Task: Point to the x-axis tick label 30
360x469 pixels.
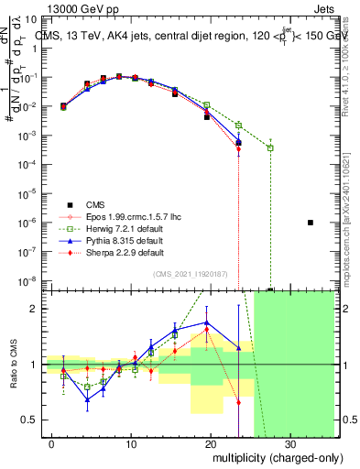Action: click(x=289, y=446)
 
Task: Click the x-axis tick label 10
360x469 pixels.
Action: click(x=132, y=446)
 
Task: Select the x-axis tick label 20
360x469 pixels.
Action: click(x=211, y=446)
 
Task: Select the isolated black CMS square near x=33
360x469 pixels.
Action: click(x=311, y=223)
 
